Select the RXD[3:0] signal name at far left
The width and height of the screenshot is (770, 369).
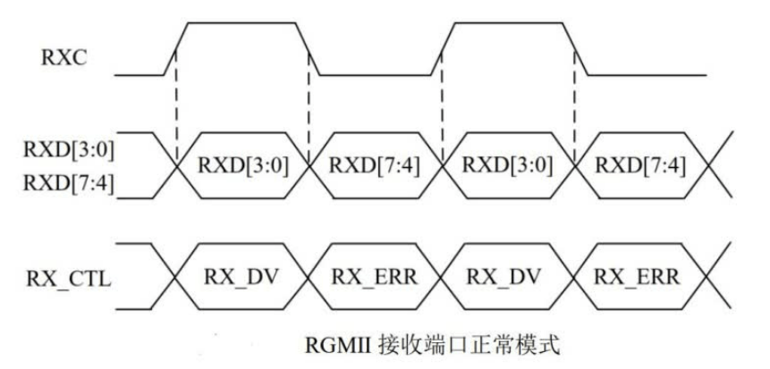63,150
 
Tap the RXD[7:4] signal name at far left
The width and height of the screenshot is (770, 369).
63,185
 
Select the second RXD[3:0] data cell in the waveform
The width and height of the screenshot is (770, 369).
505,166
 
